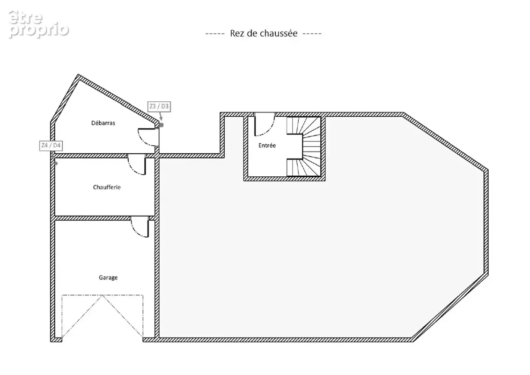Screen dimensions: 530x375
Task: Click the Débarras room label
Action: click(x=103, y=123)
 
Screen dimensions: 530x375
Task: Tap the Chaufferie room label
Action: click(x=107, y=187)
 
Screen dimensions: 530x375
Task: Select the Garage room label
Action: click(x=108, y=277)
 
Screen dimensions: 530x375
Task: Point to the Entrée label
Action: click(x=267, y=145)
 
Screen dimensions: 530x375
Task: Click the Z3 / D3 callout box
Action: click(x=159, y=106)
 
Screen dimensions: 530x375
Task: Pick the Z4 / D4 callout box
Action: click(x=51, y=145)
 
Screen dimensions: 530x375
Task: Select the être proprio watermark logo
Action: click(x=38, y=24)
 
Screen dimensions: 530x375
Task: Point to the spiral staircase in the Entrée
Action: click(x=304, y=146)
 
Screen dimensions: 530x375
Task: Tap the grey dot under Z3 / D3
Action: click(x=162, y=125)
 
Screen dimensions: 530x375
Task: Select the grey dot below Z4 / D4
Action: click(x=56, y=164)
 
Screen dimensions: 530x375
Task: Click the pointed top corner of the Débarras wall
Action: click(x=78, y=75)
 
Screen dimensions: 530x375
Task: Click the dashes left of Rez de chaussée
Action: click(x=215, y=33)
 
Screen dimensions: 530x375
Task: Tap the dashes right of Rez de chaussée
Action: click(x=312, y=33)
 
